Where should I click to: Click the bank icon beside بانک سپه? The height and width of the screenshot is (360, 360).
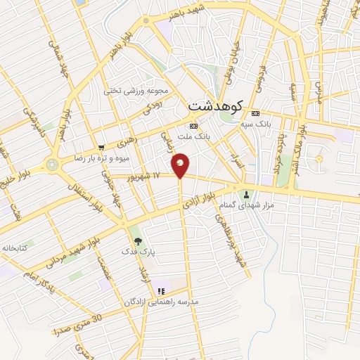pos(255,113)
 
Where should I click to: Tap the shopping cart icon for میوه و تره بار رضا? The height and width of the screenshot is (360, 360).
pos(102,148)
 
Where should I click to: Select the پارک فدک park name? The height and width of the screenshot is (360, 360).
pos(137,251)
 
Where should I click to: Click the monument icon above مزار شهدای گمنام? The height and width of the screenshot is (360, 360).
pos(246,194)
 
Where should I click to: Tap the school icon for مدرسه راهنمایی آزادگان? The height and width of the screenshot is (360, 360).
pos(161,290)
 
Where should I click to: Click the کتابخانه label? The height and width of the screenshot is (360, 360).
pos(15,247)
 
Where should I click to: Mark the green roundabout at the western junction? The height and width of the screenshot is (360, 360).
pos(52,165)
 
